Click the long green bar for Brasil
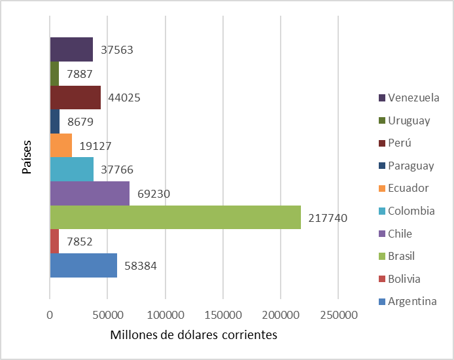pyautogui.click(x=175, y=217)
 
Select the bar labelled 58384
pyautogui.click(x=83, y=265)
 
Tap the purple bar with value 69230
pyautogui.click(x=90, y=194)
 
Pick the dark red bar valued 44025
pyautogui.click(x=75, y=98)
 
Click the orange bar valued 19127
pyautogui.click(x=61, y=145)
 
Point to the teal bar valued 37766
pyautogui.click(x=72, y=170)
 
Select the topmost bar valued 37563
pyautogui.click(x=71, y=50)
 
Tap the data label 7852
pyautogui.click(x=79, y=242)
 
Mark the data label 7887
pyautogui.click(x=80, y=74)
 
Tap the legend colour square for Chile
pyautogui.click(x=381, y=234)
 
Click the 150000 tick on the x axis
pyautogui.click(x=223, y=315)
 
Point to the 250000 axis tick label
pyautogui.click(x=338, y=315)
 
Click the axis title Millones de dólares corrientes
pyautogui.click(x=194, y=335)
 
